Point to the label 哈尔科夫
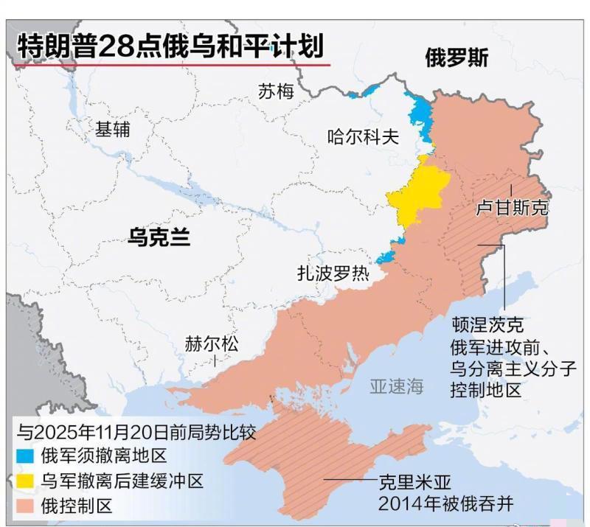click(x=363, y=136)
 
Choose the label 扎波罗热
click(x=332, y=273)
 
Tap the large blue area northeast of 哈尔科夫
click(x=421, y=115)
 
